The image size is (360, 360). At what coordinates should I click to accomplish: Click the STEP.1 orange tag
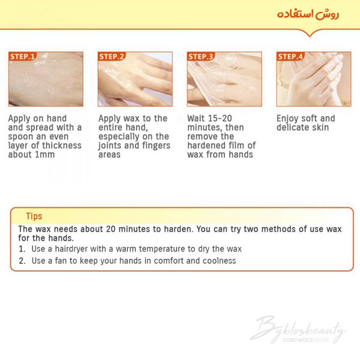click(23, 56)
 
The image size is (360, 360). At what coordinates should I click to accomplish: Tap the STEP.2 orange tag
click(112, 56)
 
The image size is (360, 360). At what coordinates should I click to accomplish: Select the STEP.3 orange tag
click(201, 56)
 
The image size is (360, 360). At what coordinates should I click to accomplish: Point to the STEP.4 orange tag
click(290, 56)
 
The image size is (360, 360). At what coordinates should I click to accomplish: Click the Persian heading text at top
click(308, 14)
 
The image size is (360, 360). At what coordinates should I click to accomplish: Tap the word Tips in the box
click(34, 216)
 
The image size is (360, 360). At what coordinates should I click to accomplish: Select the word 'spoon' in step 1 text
click(19, 137)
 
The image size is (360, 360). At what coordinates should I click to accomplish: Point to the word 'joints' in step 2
click(109, 146)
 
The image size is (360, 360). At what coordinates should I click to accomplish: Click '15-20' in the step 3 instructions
click(221, 118)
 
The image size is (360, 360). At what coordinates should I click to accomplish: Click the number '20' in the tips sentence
click(110, 229)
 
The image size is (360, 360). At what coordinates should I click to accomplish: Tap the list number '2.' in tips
click(22, 261)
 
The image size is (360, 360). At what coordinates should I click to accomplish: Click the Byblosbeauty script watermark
click(298, 328)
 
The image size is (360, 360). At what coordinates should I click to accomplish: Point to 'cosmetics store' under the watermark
click(305, 340)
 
